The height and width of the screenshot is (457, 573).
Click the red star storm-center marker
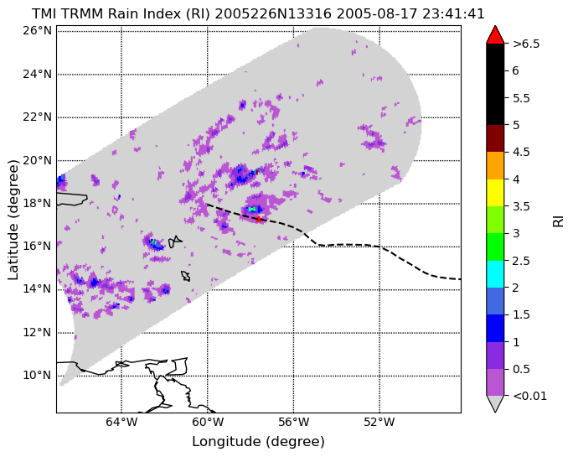[258, 219]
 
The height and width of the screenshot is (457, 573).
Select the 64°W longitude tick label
[121, 423]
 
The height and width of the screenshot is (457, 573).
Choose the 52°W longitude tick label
[379, 423]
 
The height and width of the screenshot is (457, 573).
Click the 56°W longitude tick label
[293, 423]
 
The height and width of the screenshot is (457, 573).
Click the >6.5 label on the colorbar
[526, 44]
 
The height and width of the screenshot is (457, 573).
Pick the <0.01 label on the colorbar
[530, 397]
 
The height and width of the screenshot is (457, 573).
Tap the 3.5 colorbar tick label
[521, 207]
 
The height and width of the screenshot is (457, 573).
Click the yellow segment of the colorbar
[495, 193]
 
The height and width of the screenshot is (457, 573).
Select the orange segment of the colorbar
[495, 166]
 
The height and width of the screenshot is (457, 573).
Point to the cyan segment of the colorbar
[495, 274]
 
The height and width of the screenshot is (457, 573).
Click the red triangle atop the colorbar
[495, 35]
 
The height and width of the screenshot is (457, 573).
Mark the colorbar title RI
[559, 221]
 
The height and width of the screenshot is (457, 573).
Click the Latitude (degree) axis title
[13, 220]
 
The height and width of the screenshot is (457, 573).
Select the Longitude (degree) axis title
[258, 442]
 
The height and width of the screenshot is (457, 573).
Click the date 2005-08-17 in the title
[377, 14]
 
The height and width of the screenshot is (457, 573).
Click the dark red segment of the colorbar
[495, 138]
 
